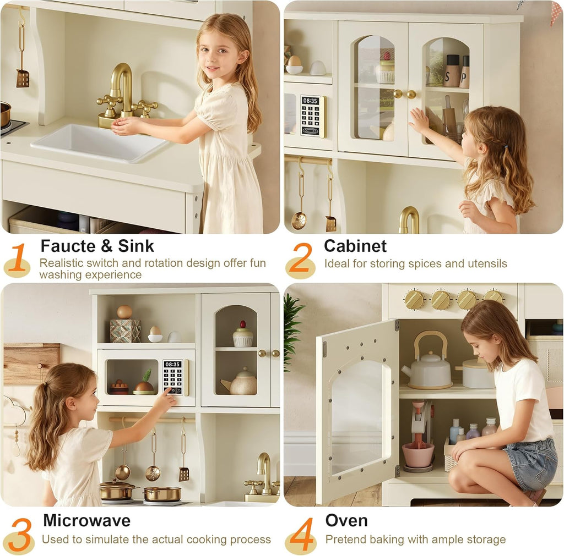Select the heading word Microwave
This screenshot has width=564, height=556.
86,520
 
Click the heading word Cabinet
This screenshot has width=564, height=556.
355,246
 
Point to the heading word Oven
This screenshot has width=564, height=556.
346,520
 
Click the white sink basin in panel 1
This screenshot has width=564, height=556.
99,142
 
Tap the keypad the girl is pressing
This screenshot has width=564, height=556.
173,377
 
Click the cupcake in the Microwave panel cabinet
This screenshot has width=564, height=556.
242,335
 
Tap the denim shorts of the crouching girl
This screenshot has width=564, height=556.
529,462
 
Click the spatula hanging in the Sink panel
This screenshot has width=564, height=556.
23,78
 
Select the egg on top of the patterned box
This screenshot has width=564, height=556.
124,312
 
